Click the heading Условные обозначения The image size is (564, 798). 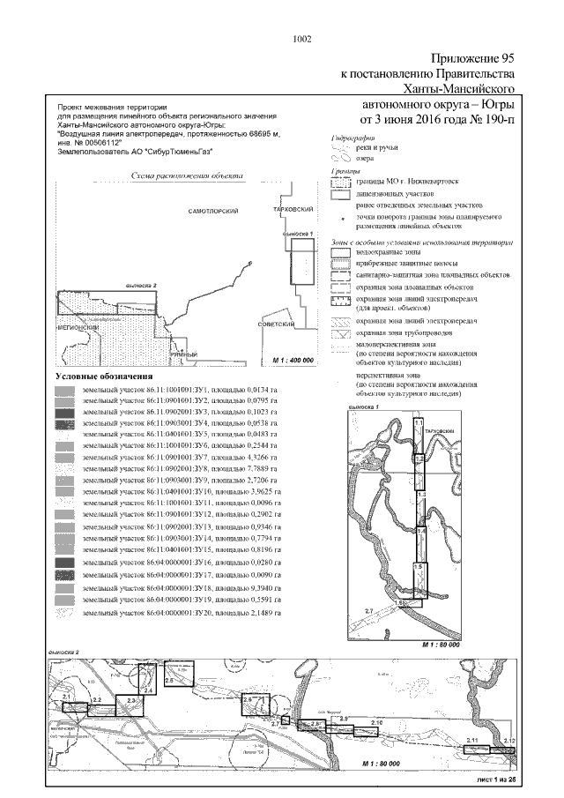101,377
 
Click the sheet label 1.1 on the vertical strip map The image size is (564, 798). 419,424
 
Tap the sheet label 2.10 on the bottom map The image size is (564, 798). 376,722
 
